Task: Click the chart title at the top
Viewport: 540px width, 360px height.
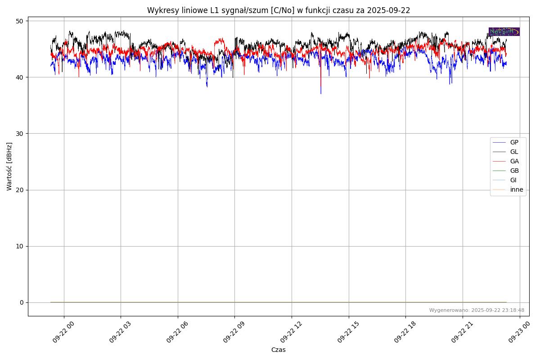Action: [279, 10]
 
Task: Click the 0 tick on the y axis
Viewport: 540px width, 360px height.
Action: [21, 302]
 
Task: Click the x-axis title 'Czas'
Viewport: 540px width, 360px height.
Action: [279, 350]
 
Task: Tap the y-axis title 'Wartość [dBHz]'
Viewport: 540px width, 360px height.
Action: [9, 166]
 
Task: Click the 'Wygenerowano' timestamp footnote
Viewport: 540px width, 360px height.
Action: [477, 310]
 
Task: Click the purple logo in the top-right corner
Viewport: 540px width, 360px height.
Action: [504, 31]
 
